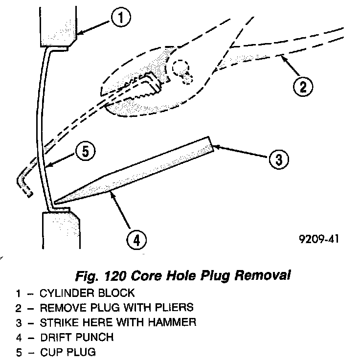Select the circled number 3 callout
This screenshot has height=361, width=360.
tap(277, 159)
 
